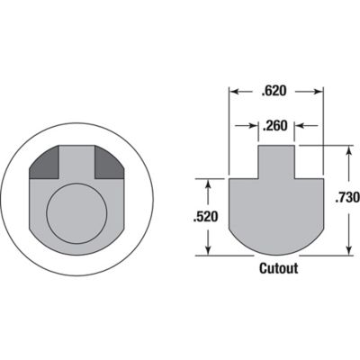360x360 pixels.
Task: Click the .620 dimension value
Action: point(276,92)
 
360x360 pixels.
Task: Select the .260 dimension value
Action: point(275,127)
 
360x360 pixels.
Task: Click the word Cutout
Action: point(278,268)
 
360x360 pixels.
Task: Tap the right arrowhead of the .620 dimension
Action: point(319,92)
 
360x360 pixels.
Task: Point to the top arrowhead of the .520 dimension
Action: point(209,182)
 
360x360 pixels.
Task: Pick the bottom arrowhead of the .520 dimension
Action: point(209,251)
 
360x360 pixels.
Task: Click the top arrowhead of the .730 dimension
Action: point(346,149)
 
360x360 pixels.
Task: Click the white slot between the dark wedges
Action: point(78,160)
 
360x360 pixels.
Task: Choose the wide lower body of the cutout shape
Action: point(276,211)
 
